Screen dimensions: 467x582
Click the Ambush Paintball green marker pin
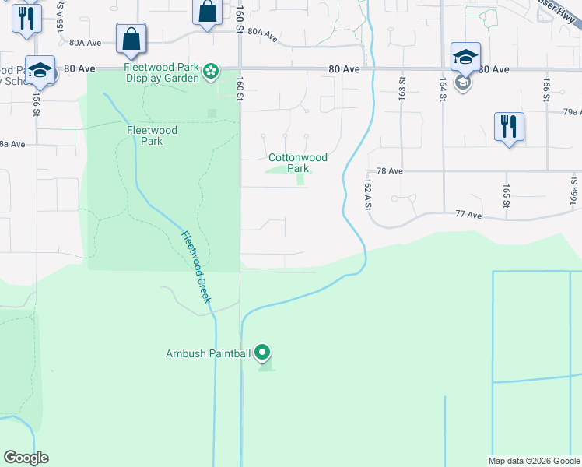coord(262,353)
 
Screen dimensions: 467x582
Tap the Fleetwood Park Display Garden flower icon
coord(211,72)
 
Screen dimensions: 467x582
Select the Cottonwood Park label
coord(298,163)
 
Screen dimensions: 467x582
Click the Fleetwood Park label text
coord(152,135)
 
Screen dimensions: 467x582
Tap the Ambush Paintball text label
coord(208,353)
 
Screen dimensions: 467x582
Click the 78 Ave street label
coord(389,170)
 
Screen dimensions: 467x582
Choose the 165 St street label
coord(506,191)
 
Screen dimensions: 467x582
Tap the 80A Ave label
coord(86,43)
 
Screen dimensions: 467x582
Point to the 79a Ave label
coord(571,112)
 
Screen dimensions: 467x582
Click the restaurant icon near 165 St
coord(509,125)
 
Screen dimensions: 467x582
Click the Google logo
coord(26,458)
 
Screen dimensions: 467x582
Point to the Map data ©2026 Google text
coord(534,461)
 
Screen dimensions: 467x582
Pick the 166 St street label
coord(547,86)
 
